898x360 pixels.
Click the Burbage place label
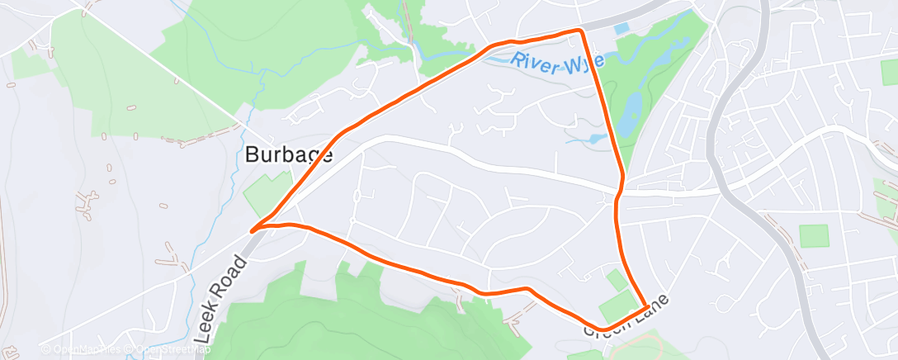[289, 154]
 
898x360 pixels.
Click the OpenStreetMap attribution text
[161, 350]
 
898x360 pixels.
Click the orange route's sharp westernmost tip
[253, 228]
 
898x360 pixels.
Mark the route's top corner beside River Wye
[580, 31]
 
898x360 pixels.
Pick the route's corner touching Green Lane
[645, 308]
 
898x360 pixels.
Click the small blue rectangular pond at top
[622, 29]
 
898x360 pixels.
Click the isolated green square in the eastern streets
[813, 235]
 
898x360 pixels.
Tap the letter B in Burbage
[253, 154]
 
